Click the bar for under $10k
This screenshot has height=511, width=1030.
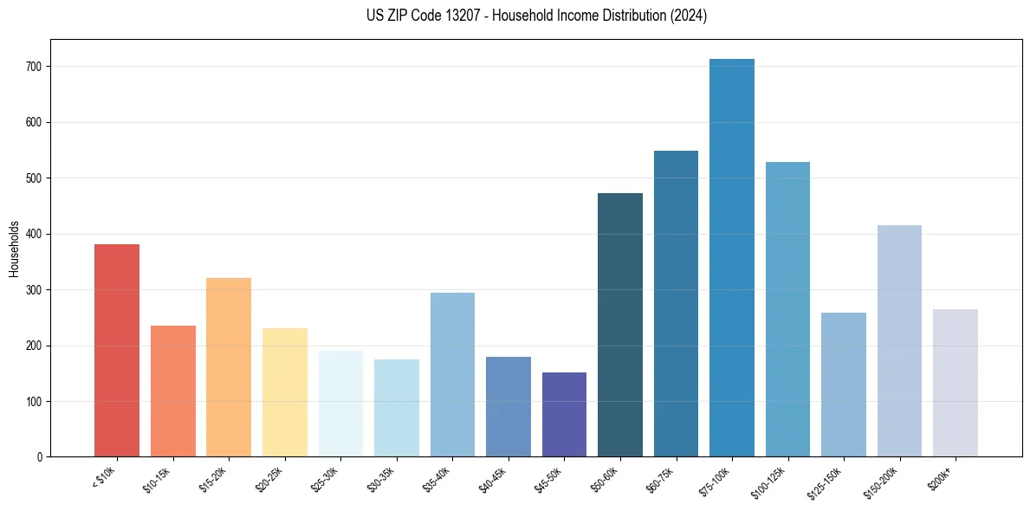pyautogui.click(x=116, y=351)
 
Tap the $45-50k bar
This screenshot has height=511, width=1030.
pyautogui.click(x=564, y=415)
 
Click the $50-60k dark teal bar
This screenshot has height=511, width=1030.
pyautogui.click(x=619, y=325)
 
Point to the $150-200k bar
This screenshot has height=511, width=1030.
pyautogui.click(x=899, y=341)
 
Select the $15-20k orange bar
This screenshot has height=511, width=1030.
pyautogui.click(x=229, y=367)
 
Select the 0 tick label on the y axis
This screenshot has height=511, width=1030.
pyautogui.click(x=39, y=457)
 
